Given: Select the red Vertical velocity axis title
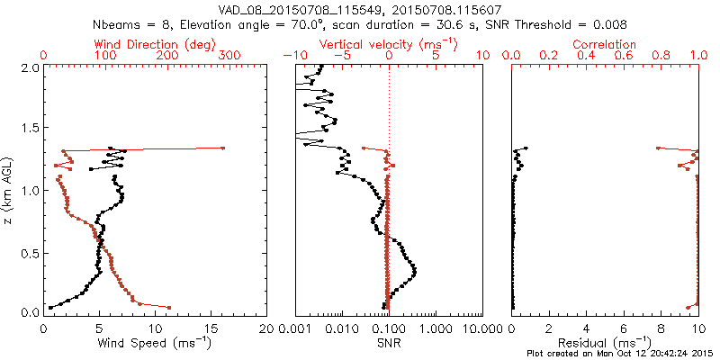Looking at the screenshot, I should pos(388,44).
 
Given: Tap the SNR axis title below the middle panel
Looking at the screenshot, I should pos(388,343).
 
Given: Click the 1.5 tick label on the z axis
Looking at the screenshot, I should pos(29,129).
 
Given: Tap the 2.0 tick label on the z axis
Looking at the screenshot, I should pos(29,67).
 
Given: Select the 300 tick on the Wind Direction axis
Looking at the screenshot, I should pos(230,56).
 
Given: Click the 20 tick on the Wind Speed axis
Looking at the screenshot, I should pos(266,328).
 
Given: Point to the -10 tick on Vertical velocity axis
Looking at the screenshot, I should pos(292,56).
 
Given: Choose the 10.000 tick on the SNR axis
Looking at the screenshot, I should pos(479,328).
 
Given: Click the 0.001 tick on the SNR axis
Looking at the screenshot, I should pos(295,328).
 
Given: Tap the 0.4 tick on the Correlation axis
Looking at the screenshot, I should pos(585,56).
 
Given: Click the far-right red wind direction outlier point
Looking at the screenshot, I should pos(222,148).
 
